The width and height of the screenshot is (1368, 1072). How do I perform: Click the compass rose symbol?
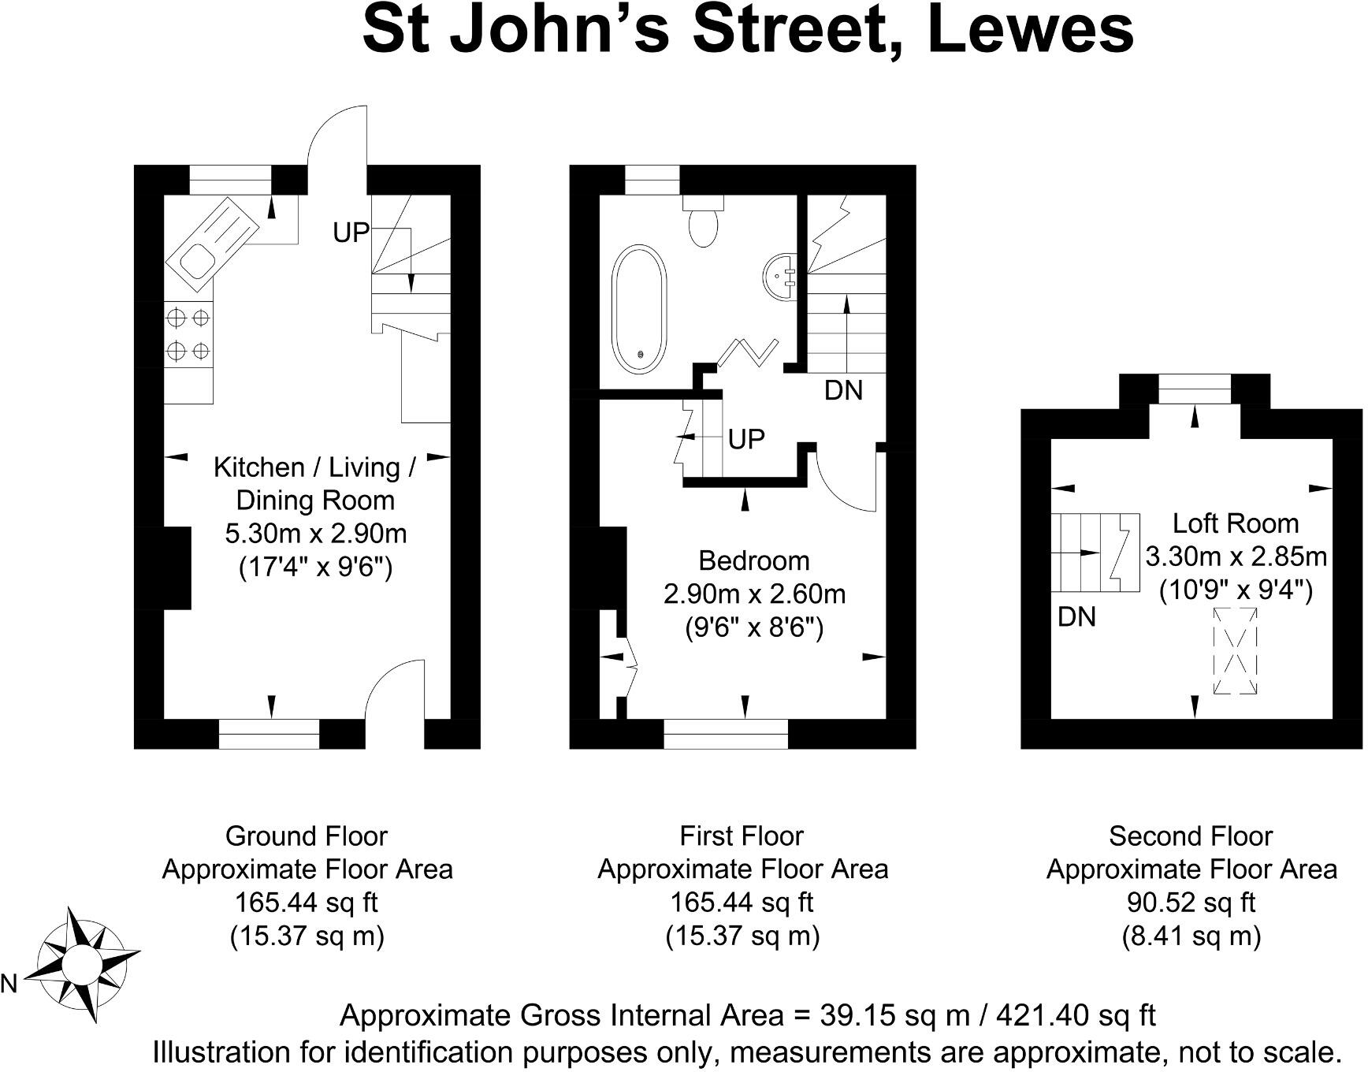[x=80, y=964]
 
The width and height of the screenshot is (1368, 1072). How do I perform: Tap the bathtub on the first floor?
[x=640, y=310]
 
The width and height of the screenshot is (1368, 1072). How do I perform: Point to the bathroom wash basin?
[x=780, y=276]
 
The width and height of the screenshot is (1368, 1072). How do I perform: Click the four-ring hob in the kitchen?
[x=188, y=333]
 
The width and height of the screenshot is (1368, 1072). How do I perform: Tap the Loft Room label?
[x=1235, y=523]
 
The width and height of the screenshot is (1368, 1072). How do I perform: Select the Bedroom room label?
[x=754, y=560]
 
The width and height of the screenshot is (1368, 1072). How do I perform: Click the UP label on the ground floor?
[x=351, y=233]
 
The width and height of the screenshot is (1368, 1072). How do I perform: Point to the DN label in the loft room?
[x=1076, y=616]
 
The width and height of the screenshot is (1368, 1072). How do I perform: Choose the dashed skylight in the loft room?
[x=1235, y=650]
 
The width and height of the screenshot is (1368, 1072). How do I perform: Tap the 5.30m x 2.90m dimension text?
[x=315, y=534]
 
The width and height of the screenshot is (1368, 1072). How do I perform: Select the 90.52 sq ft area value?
[x=1191, y=903]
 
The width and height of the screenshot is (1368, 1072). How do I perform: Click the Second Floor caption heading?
[x=1191, y=836]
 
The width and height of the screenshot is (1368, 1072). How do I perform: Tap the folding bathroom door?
[x=748, y=352]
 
